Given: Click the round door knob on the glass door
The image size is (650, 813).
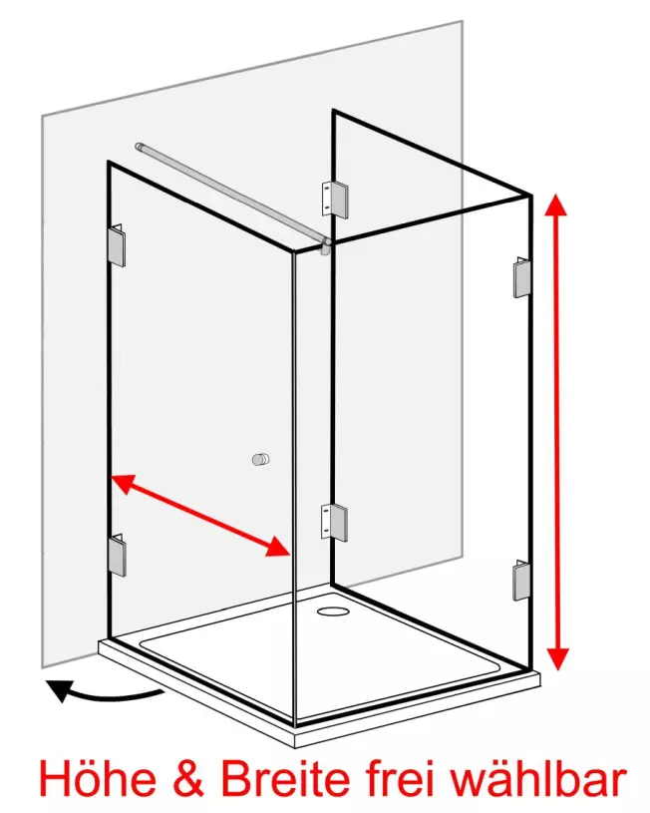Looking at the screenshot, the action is [261, 459].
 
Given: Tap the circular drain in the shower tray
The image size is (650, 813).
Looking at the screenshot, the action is [333, 610].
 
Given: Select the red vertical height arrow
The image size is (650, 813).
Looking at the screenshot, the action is [556, 431].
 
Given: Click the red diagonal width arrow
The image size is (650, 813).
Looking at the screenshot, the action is [200, 516].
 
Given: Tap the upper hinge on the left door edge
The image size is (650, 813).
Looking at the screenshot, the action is [118, 245].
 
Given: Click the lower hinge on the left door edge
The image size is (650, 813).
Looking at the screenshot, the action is [118, 555].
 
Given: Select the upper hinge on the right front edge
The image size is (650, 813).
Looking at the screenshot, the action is [522, 276].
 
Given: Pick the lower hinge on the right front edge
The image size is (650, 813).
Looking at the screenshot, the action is [522, 581].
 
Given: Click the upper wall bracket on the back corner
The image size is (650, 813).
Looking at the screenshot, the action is [334, 198].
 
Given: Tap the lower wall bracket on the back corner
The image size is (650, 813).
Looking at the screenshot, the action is [334, 522].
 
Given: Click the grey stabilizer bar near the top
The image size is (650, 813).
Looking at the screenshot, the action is [233, 196].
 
